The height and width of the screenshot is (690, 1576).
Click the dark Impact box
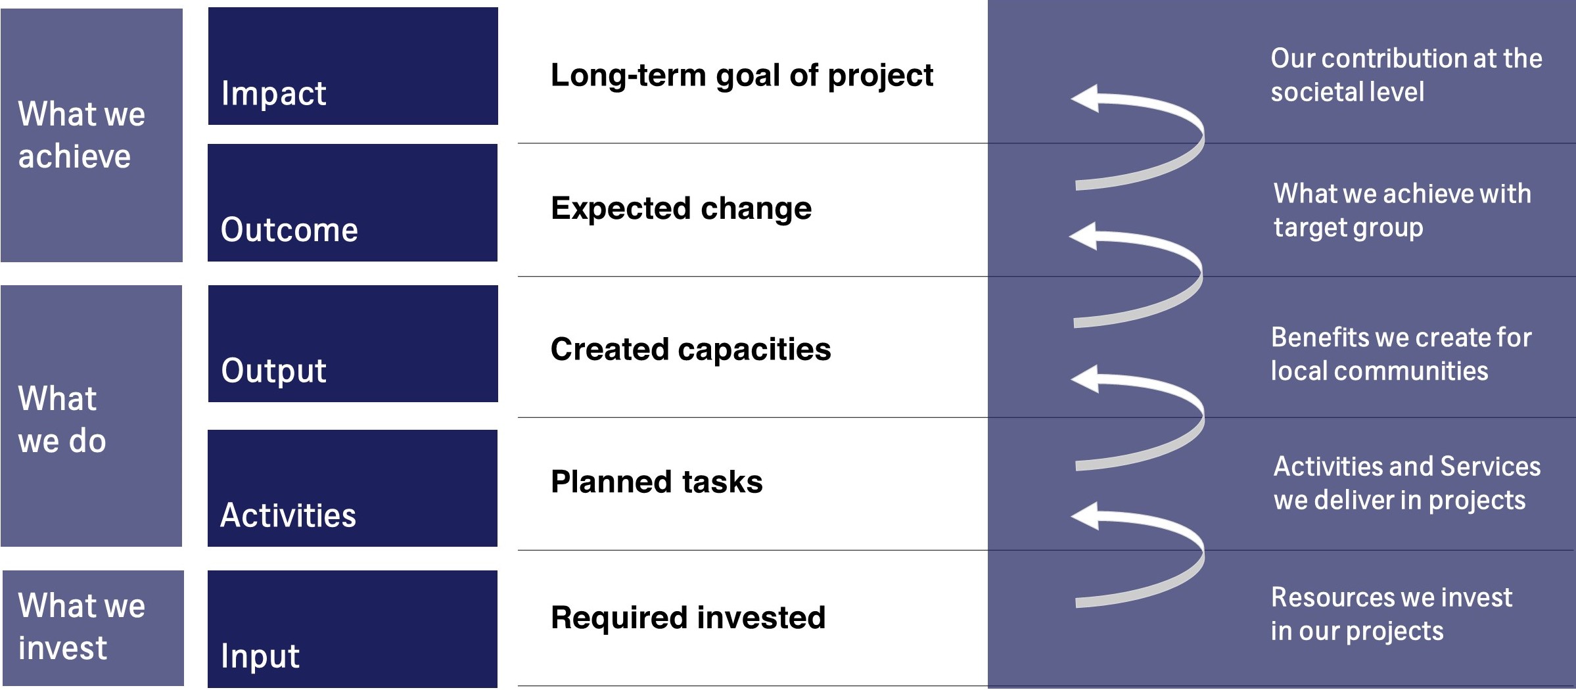click(x=353, y=66)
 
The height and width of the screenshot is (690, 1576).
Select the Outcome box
click(x=353, y=202)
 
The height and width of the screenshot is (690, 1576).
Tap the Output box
click(x=353, y=344)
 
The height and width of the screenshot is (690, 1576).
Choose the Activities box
click(x=353, y=488)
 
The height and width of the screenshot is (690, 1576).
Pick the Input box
click(x=353, y=629)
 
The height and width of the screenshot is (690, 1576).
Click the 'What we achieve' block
click(x=91, y=135)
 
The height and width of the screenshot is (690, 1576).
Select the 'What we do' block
click(x=91, y=416)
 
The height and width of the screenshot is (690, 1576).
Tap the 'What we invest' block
click(x=93, y=628)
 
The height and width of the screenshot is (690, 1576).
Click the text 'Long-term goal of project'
click(x=741, y=76)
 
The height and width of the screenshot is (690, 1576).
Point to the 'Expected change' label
click(x=681, y=208)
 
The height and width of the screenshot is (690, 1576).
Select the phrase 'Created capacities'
click(x=690, y=349)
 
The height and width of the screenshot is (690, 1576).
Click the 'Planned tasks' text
click(x=657, y=482)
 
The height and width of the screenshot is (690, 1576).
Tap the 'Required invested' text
click(x=687, y=618)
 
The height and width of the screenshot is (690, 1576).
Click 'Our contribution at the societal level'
click(x=1405, y=75)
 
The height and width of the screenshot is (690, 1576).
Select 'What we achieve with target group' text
click(x=1401, y=210)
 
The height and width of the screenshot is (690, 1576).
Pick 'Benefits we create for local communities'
click(x=1400, y=354)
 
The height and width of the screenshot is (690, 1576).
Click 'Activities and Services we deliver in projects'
click(x=1406, y=483)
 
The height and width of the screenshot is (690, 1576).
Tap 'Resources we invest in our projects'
click(x=1390, y=614)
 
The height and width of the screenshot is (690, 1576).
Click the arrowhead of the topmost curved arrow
click(x=1085, y=98)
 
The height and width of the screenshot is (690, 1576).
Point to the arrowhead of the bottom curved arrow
click(x=1085, y=516)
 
